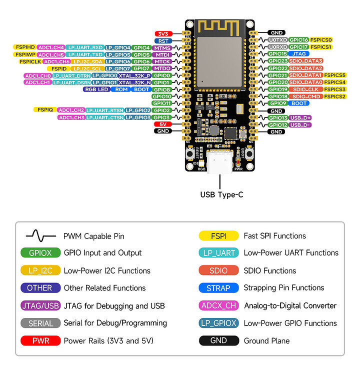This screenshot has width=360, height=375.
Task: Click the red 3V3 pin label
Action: tap(163, 34)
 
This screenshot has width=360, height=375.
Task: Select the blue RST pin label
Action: tap(163, 41)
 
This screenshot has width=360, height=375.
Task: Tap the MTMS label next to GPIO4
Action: tap(163, 48)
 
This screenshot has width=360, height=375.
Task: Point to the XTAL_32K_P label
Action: tap(134, 75)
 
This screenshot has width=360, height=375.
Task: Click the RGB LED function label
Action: tap(96, 89)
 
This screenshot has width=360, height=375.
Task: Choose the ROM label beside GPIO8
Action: tap(121, 89)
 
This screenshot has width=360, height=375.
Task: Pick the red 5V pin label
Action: tap(163, 124)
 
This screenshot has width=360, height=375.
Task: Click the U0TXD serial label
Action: tap(277, 39)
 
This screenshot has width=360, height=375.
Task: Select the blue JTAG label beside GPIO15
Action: tap(299, 53)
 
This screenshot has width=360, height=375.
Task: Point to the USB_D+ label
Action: tap(301, 117)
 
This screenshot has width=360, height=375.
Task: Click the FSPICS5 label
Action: tap(335, 75)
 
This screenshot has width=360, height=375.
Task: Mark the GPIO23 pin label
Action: tap(277, 61)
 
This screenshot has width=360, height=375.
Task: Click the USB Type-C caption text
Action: tap(221, 194)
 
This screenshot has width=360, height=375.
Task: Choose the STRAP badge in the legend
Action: tap(218, 288)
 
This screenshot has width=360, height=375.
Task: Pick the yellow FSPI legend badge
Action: tap(218, 235)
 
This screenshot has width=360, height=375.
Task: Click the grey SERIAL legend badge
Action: tap(40, 323)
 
